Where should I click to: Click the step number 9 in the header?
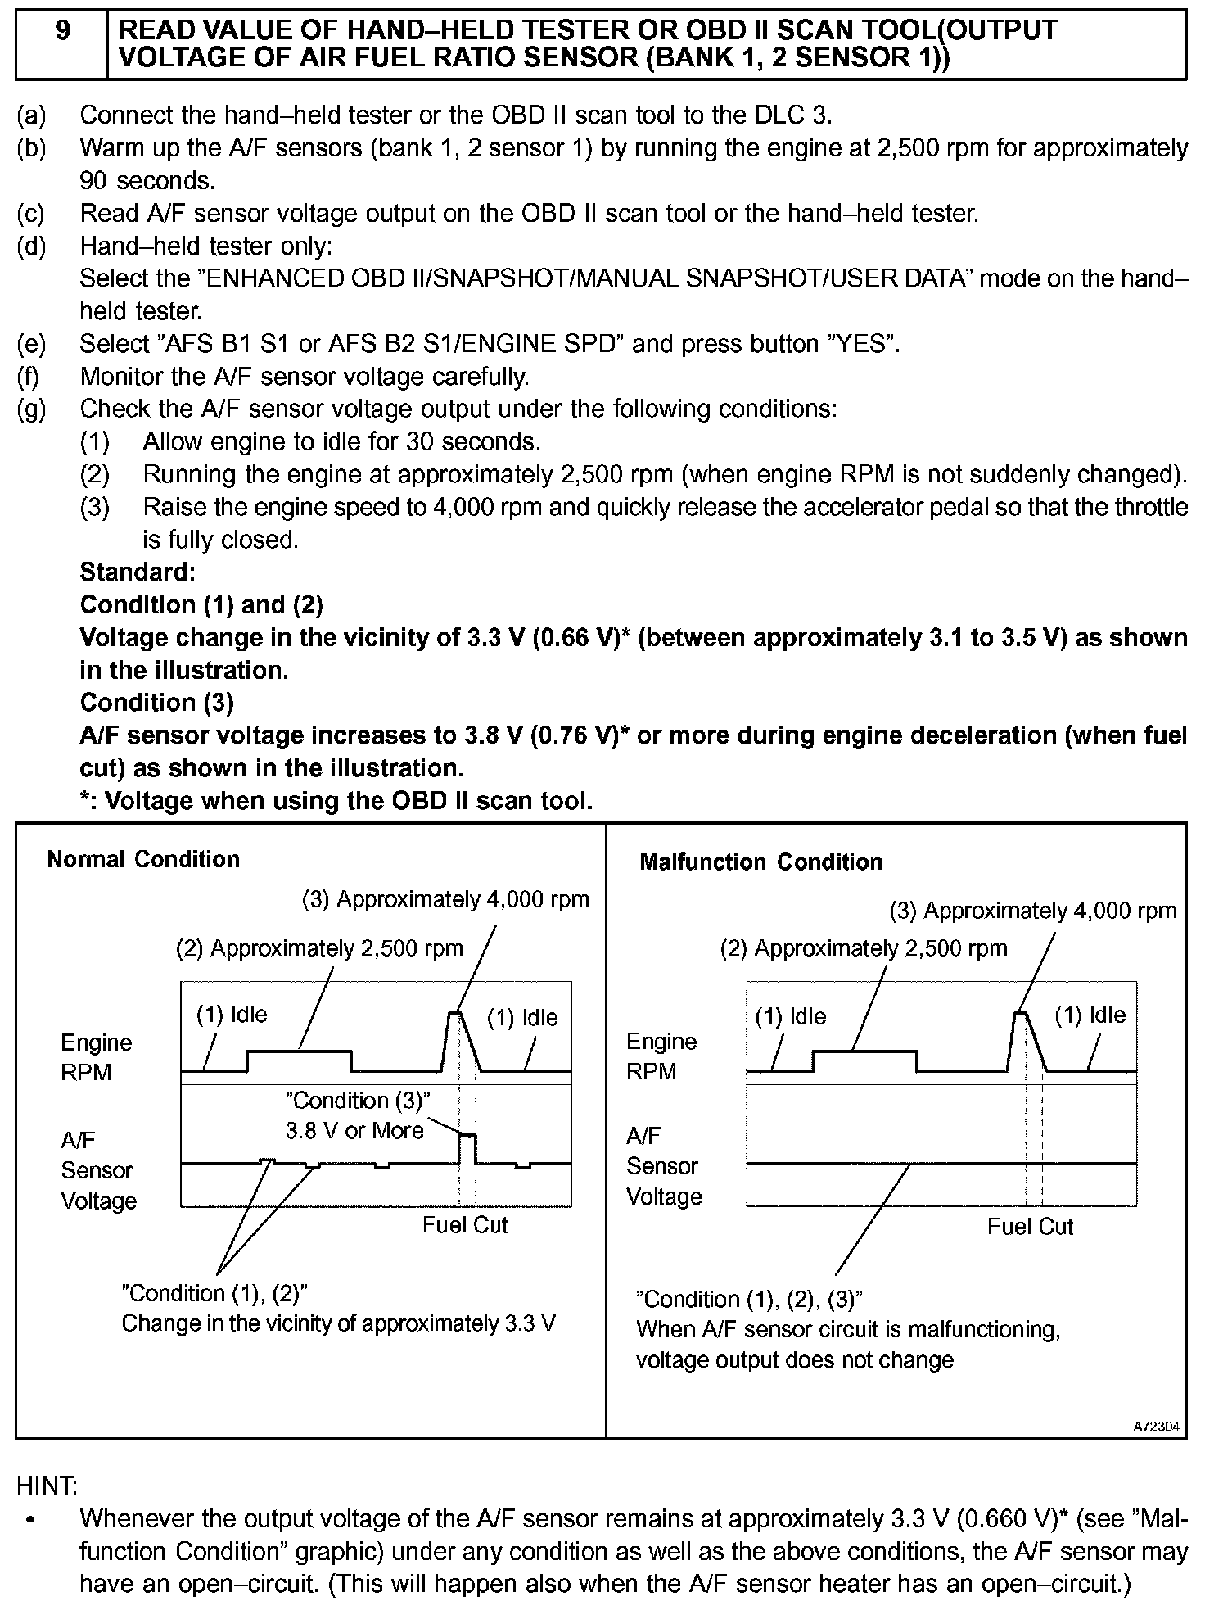tap(62, 31)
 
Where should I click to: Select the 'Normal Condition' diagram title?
tap(143, 859)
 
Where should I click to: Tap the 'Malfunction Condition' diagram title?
tap(760, 862)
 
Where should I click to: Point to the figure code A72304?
tap(1156, 1427)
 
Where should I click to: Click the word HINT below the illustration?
tap(47, 1485)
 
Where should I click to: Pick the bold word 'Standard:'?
tap(138, 572)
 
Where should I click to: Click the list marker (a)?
tap(32, 115)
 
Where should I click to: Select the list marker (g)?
tap(32, 409)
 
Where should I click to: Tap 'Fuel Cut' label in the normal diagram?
tap(465, 1224)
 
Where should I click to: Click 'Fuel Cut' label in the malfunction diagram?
tap(1030, 1226)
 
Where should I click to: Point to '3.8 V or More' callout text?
tap(354, 1131)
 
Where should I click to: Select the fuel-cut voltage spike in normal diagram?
tap(467, 1137)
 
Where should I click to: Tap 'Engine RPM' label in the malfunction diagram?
tap(661, 1056)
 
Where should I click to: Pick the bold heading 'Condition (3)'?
tap(156, 703)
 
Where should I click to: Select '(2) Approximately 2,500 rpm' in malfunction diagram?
tap(864, 948)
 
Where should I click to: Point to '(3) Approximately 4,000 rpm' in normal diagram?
tap(446, 899)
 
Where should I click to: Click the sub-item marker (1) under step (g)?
tap(95, 441)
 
